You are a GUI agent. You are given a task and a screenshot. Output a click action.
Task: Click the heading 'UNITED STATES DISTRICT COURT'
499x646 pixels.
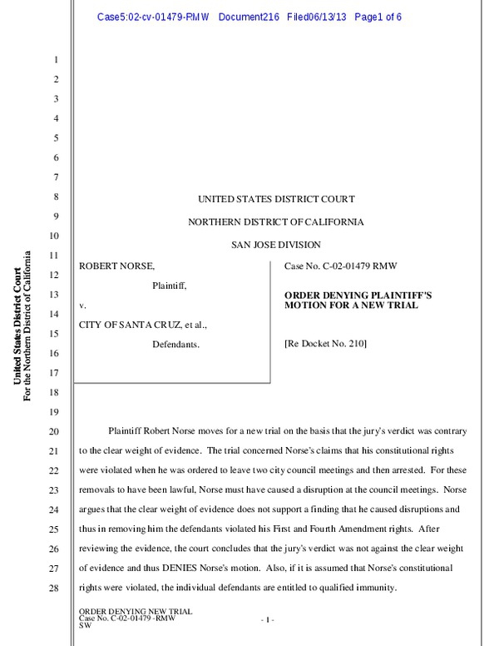(275, 199)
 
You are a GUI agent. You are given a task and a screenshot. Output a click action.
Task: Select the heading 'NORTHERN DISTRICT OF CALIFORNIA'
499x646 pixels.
(275, 221)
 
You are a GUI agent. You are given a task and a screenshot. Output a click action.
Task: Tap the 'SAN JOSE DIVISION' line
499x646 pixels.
(275, 244)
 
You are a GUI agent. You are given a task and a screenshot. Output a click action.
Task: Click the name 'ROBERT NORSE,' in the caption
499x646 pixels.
(116, 266)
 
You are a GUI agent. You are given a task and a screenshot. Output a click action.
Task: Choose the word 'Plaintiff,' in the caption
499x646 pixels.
(169, 285)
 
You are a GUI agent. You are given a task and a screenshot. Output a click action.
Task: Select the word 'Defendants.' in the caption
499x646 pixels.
(175, 343)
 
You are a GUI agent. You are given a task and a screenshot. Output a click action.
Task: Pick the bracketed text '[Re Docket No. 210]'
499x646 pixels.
(325, 343)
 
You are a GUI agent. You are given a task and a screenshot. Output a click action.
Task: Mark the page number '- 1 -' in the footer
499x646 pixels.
(267, 619)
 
